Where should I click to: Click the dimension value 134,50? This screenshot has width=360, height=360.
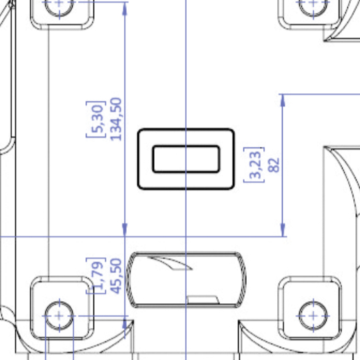click(x=116, y=119)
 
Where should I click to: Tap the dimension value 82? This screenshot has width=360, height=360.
click(x=274, y=165)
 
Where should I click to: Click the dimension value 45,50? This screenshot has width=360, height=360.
click(x=116, y=276)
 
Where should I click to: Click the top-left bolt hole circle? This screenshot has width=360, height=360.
click(x=59, y=16)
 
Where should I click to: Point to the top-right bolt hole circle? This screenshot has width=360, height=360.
click(x=313, y=16)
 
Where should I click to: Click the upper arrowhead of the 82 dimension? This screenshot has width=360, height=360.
click(x=283, y=100)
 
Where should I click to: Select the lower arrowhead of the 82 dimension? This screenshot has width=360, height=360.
click(x=283, y=230)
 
